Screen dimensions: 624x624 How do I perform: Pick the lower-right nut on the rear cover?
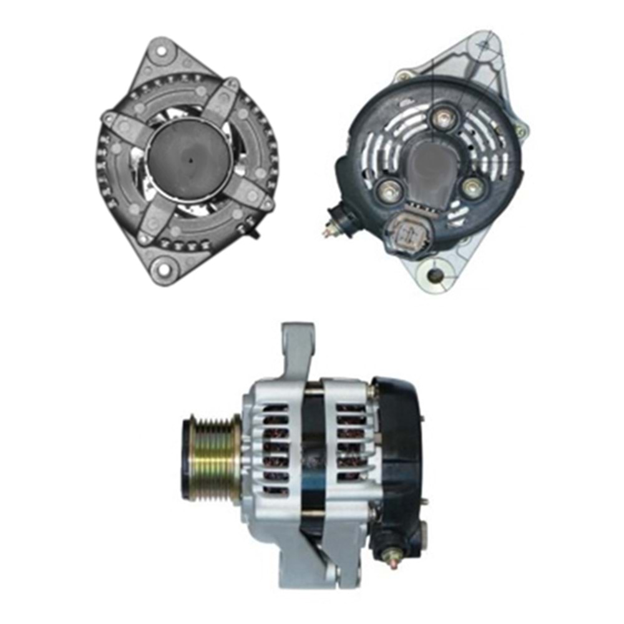(474, 187)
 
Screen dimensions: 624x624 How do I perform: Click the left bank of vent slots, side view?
(275, 449)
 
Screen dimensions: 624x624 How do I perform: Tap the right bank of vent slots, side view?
(351, 443)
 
